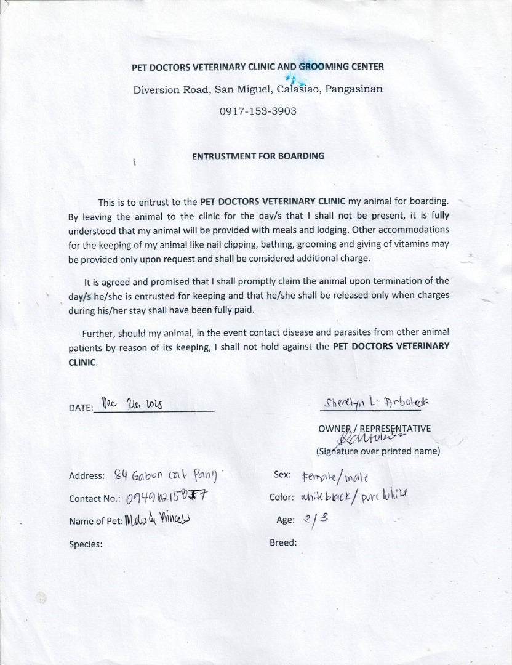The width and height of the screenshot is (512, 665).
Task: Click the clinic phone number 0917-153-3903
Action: click(258, 111)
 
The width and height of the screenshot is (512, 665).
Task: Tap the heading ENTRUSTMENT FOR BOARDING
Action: click(258, 156)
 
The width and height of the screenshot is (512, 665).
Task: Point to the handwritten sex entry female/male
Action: click(335, 477)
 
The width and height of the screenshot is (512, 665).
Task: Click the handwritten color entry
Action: click(353, 497)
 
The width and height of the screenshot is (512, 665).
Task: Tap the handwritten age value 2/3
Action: click(316, 519)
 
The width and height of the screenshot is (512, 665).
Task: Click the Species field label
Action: click(86, 544)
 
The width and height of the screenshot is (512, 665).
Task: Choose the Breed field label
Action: click(283, 542)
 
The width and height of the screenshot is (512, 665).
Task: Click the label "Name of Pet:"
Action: click(96, 521)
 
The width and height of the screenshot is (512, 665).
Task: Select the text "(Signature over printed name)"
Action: click(378, 451)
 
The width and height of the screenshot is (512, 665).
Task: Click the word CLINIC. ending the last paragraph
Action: click(83, 362)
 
